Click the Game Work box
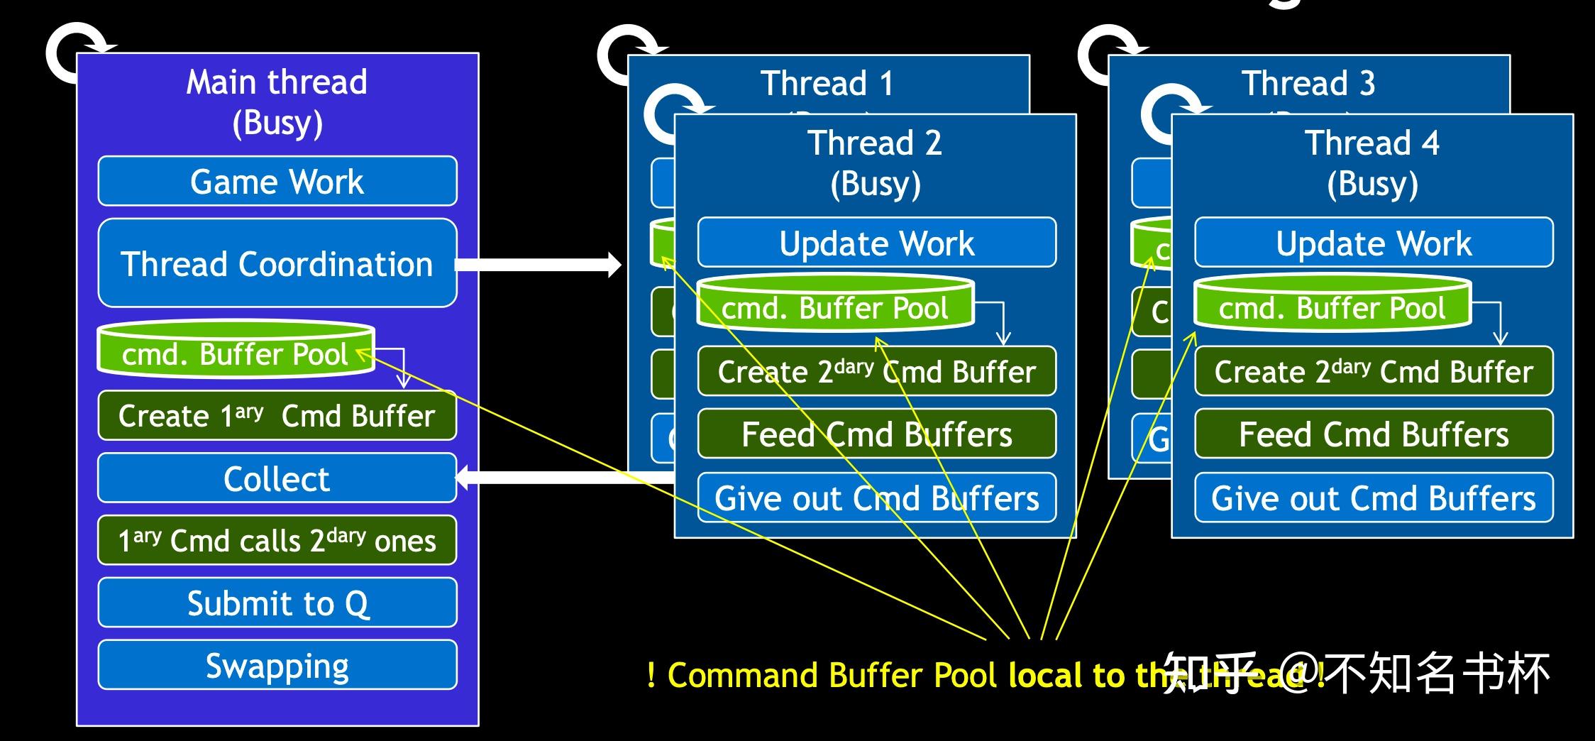[x=277, y=182]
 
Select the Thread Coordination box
[x=277, y=263]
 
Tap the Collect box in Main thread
[x=277, y=478]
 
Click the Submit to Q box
[x=277, y=603]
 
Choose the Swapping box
[x=277, y=666]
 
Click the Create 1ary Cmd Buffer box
[x=277, y=416]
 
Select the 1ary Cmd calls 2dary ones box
[x=277, y=541]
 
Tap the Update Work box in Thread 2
[x=876, y=243]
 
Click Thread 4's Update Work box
[x=1374, y=243]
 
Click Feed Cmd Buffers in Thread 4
[x=1374, y=434]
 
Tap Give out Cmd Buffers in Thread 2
[x=876, y=498]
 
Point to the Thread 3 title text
[x=1308, y=84]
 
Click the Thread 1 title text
[x=827, y=84]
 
